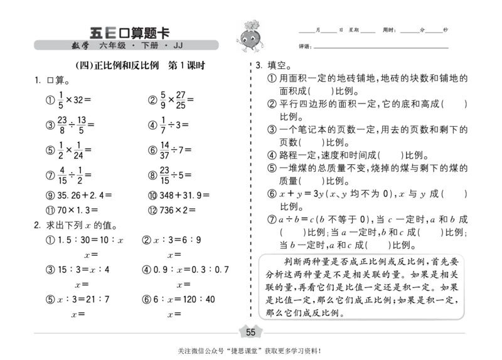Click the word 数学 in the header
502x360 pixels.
80,46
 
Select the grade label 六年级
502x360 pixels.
112,46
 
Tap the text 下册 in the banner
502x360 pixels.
150,46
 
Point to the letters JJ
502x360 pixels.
178,46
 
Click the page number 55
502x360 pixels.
250,332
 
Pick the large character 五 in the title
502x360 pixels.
96,33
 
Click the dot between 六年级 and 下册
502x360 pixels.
133,46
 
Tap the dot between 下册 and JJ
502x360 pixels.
166,46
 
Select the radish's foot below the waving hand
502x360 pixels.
245,51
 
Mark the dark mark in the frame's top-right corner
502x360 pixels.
459,258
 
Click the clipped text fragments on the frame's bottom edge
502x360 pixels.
307,315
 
